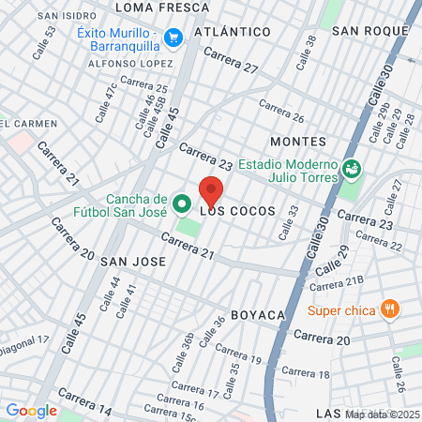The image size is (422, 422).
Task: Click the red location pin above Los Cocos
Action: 211,190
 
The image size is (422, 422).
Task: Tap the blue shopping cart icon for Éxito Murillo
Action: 173,38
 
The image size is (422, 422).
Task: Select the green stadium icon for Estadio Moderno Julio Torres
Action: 352,169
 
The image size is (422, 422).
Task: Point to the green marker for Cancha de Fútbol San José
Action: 182,203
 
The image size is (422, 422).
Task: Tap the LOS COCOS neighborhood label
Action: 238,212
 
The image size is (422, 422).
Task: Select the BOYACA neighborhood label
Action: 257,316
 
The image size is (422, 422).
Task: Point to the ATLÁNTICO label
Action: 232,33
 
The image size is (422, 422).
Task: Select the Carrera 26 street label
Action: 282,113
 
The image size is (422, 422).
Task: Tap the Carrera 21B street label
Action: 337,285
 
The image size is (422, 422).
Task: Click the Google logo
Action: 31,410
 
